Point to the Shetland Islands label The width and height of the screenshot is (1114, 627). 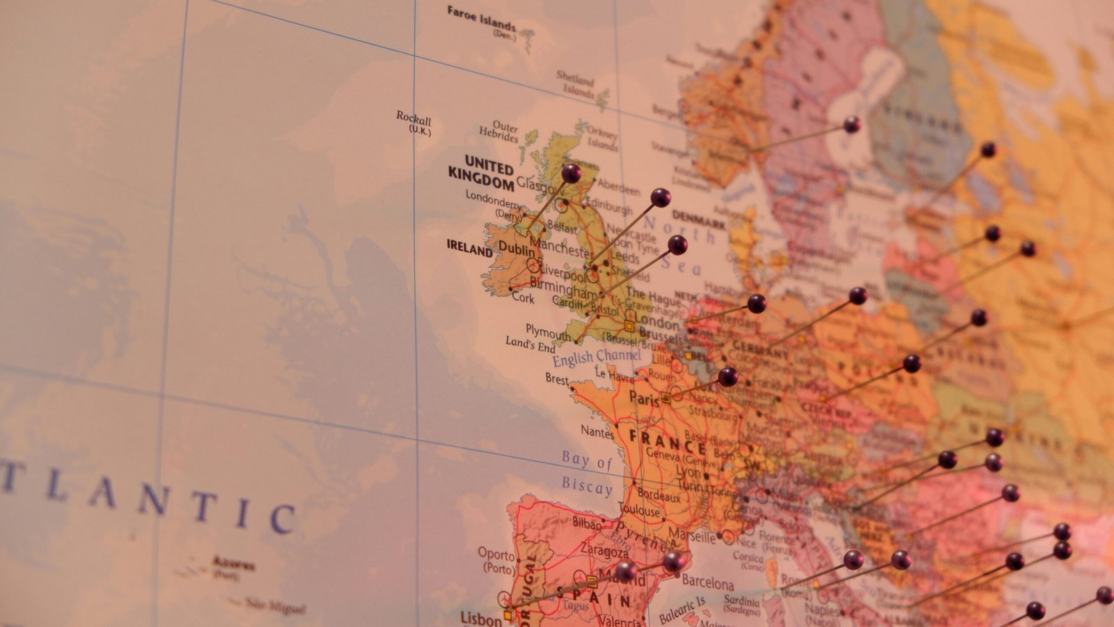click(576, 84)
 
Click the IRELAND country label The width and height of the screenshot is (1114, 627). click(469, 248)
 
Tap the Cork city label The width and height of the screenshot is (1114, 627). click(523, 297)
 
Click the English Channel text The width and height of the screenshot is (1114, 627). click(597, 357)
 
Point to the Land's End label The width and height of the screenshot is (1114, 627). click(531, 343)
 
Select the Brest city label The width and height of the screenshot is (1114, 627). click(557, 378)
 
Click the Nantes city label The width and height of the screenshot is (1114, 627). click(597, 432)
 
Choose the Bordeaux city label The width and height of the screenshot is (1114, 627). click(659, 497)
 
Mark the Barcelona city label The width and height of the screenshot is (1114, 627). click(707, 582)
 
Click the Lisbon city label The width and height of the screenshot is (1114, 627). click(480, 618)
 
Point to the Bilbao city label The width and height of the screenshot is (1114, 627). click(586, 522)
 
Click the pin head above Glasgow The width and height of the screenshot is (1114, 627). click(571, 173)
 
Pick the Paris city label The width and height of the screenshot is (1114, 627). click(643, 398)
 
